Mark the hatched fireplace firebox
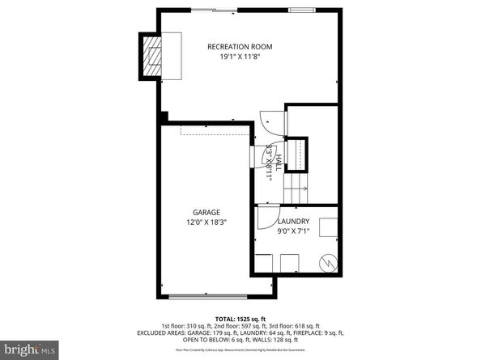click(152, 56)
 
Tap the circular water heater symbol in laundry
click(329, 263)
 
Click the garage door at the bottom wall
click(214, 294)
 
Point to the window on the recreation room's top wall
click(300, 11)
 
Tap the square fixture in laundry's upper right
click(328, 227)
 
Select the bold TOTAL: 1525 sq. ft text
click(240, 318)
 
